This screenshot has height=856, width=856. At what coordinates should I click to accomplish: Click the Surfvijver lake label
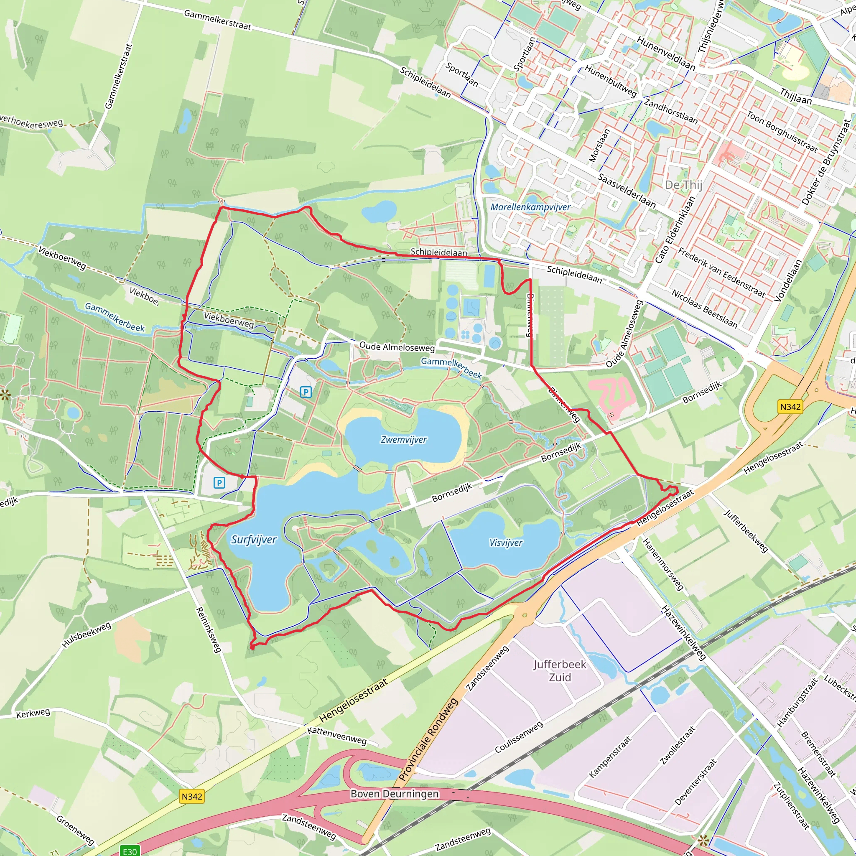253,539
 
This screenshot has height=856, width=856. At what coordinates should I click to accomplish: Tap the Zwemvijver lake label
403,440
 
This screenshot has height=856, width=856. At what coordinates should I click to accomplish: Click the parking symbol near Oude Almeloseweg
306,392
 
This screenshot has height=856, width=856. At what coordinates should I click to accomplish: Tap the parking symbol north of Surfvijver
219,482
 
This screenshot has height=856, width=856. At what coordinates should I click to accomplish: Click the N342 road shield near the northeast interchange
790,406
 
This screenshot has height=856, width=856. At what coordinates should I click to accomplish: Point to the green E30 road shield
130,851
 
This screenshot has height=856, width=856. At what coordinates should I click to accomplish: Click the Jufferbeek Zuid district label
560,670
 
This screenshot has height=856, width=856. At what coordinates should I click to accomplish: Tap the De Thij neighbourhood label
683,185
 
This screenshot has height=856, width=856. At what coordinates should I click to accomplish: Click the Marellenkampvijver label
530,207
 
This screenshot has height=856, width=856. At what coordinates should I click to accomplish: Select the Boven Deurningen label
394,794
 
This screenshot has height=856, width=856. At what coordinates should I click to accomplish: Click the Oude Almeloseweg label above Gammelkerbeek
397,347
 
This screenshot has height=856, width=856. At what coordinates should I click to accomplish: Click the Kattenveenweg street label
337,736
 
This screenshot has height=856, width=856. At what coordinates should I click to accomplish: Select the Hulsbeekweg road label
87,634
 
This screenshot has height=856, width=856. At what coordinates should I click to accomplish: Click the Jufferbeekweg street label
745,531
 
